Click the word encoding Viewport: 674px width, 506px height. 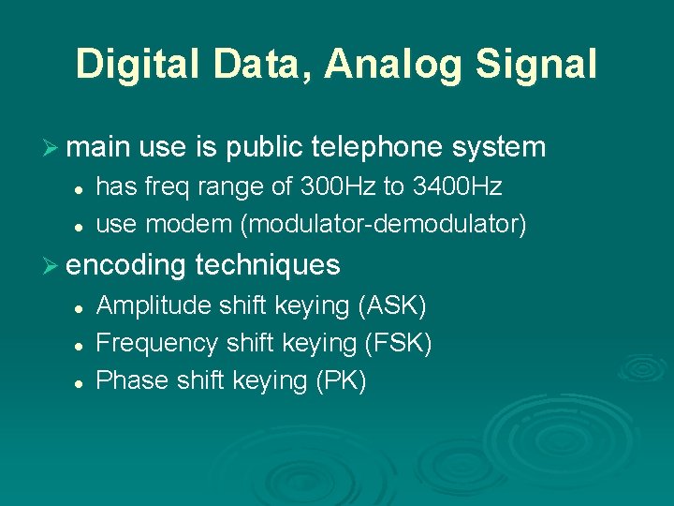pyautogui.click(x=126, y=265)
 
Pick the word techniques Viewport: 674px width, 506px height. pyautogui.click(x=268, y=265)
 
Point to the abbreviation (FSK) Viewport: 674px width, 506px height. pyautogui.click(x=398, y=343)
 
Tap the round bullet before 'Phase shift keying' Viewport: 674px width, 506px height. pyautogui.click(x=81, y=382)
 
